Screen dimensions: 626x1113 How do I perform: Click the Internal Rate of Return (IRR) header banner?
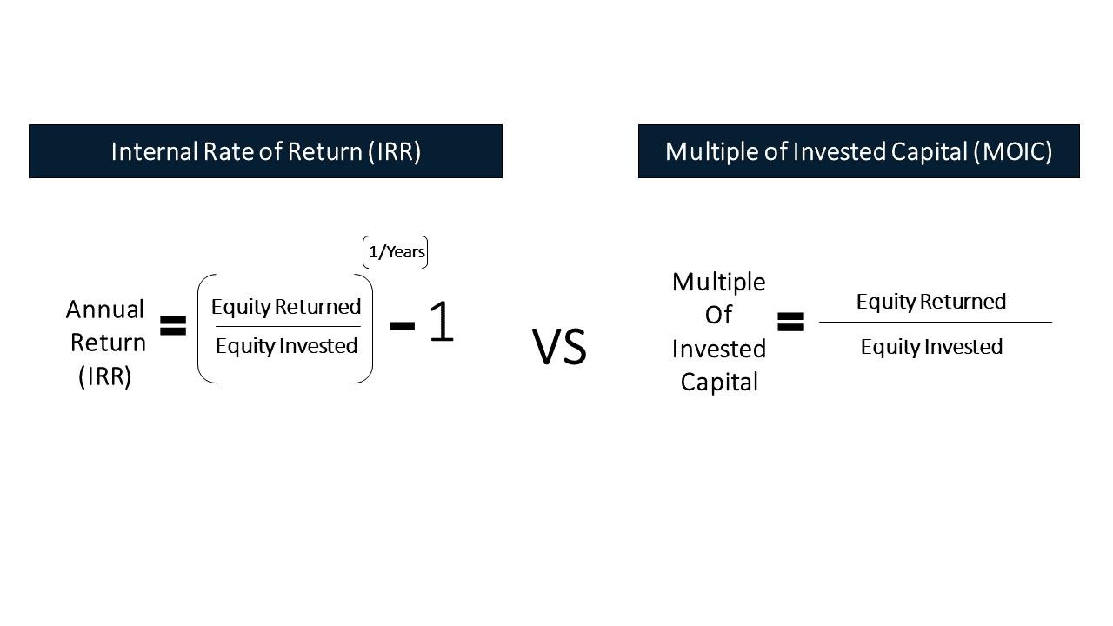click(265, 151)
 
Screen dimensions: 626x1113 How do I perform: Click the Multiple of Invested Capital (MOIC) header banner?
click(858, 151)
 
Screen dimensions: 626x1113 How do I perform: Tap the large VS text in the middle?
click(559, 346)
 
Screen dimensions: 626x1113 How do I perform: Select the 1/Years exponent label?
click(396, 252)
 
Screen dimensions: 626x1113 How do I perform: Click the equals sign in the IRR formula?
click(173, 327)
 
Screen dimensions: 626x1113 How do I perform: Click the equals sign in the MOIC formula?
click(790, 323)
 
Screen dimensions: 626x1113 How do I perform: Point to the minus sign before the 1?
click(402, 325)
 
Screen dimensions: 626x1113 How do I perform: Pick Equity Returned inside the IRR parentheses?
click(286, 307)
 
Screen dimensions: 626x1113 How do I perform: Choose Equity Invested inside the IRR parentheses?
click(286, 346)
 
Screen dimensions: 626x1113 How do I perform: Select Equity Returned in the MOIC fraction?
click(930, 302)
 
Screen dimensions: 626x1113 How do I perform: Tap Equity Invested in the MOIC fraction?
click(930, 347)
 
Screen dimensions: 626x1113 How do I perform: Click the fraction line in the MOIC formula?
click(935, 323)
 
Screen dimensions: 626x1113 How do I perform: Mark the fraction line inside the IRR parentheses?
click(287, 327)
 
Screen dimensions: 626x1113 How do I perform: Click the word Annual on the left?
click(105, 310)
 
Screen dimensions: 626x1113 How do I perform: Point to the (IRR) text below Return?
click(105, 377)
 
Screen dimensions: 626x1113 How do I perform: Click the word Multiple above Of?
click(718, 282)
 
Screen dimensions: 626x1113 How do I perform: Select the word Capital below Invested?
click(718, 382)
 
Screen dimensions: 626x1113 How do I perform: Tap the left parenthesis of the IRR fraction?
click(203, 329)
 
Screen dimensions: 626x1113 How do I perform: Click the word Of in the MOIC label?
click(718, 315)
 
